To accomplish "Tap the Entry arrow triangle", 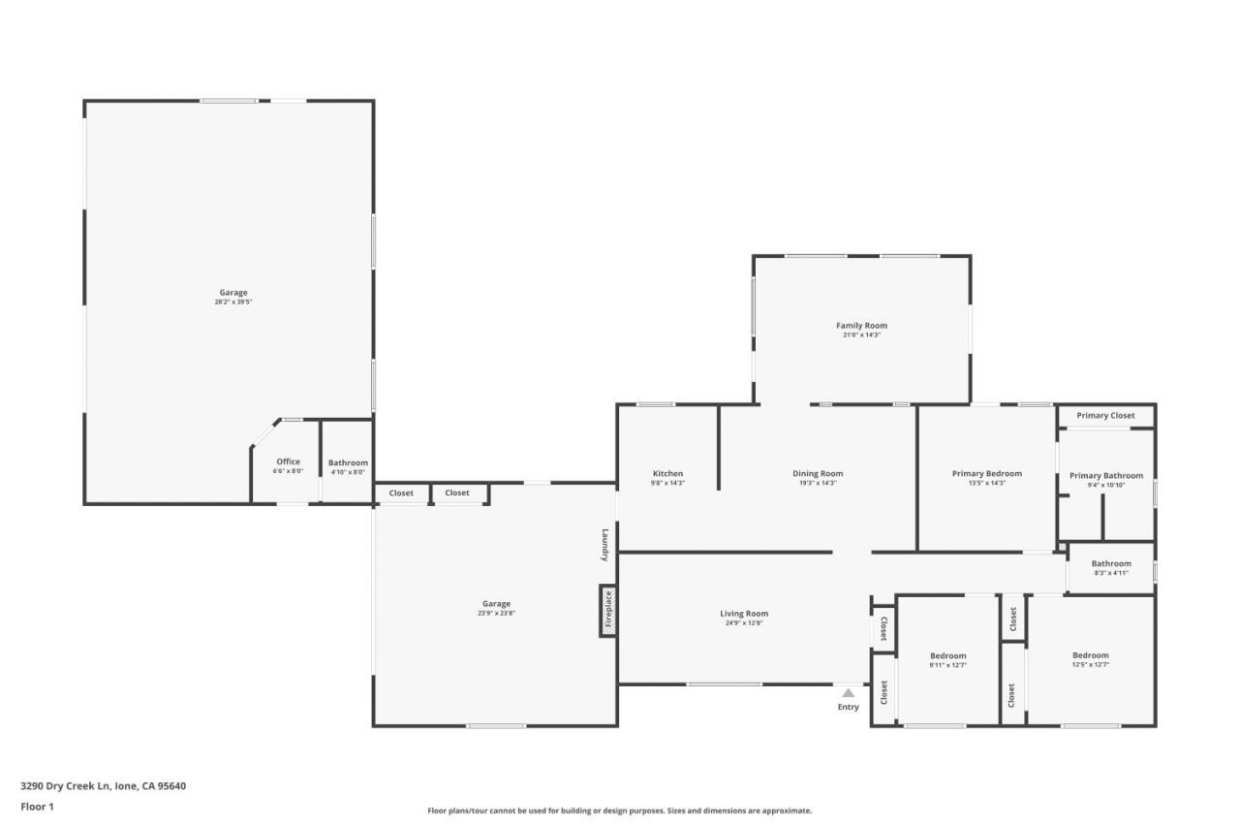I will click(x=848, y=692).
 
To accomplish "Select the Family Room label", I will click(x=861, y=326).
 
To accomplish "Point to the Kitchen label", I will click(x=666, y=473).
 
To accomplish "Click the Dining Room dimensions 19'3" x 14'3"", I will click(x=818, y=483).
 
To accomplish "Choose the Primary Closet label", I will click(x=1105, y=415).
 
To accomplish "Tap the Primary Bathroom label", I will click(x=1105, y=475).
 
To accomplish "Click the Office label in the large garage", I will click(x=288, y=461).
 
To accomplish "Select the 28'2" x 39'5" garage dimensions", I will click(x=233, y=302).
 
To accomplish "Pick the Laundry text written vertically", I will click(x=604, y=544).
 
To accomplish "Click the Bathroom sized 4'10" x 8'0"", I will click(x=348, y=462).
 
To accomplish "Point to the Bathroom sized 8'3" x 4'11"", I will click(x=1111, y=563).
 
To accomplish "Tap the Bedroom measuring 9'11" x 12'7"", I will click(x=947, y=655).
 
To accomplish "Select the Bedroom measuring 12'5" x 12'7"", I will click(x=1090, y=655).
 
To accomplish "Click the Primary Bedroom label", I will click(x=986, y=473).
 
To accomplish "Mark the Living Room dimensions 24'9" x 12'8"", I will click(x=744, y=623).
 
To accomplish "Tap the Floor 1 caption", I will click(x=37, y=807).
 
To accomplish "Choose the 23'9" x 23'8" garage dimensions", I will click(x=496, y=614).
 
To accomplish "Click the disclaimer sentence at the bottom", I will click(x=620, y=811).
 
